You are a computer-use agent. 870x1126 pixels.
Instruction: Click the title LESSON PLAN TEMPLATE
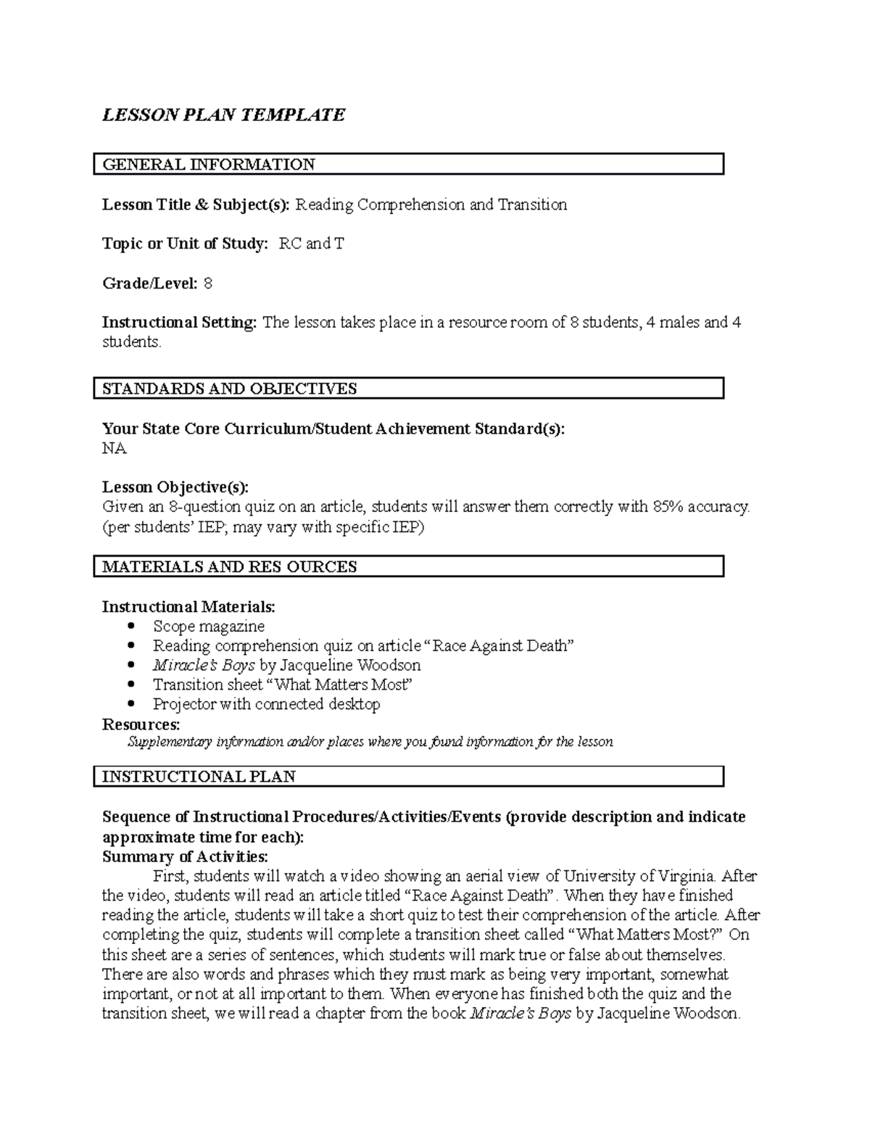223,115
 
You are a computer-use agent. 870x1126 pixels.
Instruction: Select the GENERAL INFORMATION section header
209,165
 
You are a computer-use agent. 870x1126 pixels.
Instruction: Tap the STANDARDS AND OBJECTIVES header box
230,389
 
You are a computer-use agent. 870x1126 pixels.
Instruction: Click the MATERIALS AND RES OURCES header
230,566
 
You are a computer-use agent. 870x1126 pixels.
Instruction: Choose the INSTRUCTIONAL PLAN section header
199,777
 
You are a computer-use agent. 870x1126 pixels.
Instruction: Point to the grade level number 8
208,283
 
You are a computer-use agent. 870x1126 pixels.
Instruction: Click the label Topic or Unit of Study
185,244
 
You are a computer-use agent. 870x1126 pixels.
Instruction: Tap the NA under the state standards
114,449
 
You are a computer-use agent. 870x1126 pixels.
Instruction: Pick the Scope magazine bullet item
208,626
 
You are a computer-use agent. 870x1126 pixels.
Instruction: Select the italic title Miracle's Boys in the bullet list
203,665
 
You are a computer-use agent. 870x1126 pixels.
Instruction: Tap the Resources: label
141,724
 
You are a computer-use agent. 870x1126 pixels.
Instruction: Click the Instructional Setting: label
179,323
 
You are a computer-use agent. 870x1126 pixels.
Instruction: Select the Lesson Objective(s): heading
175,487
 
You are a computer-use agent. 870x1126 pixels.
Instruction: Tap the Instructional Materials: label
188,606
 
